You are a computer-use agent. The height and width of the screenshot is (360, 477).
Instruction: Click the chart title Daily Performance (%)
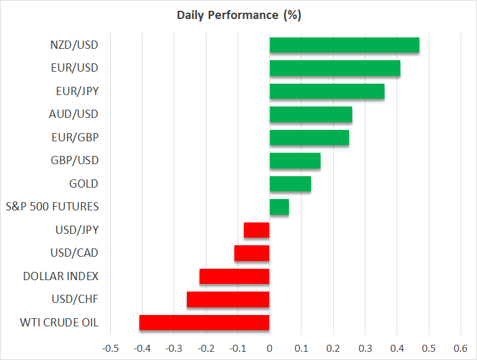238,15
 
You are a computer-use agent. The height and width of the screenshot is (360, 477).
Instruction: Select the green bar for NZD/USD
344,45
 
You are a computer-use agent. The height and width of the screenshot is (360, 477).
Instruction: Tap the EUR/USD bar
334,68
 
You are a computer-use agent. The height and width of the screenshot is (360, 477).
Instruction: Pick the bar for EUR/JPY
327,91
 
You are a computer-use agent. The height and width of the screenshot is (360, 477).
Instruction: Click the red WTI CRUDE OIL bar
204,323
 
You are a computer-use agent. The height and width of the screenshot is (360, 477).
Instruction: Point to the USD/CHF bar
228,299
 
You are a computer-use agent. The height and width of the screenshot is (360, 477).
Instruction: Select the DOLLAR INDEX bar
234,276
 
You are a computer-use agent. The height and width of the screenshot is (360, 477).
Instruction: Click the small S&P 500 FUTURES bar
279,207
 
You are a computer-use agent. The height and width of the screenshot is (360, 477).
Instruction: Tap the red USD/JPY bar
257,230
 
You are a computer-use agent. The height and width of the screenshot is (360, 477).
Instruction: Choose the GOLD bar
290,184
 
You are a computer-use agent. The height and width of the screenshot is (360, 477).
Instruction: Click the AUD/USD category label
73,114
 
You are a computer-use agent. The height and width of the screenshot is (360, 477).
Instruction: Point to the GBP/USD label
73,160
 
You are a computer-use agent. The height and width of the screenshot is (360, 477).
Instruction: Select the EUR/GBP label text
74,138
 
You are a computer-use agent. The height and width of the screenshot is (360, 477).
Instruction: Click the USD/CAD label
73,253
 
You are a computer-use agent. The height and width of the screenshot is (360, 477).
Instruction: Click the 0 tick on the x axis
269,348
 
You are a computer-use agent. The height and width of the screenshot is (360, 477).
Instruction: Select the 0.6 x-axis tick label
460,348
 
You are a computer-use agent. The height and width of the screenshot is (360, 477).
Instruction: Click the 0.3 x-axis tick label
365,348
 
